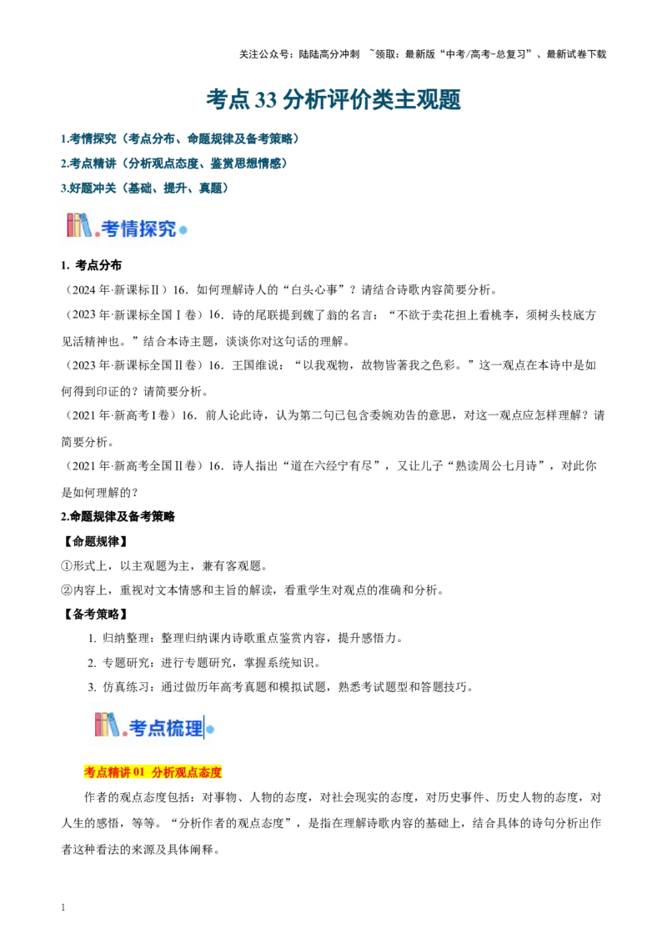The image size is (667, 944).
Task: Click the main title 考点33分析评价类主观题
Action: (333, 99)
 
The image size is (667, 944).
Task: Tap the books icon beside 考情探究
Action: (79, 225)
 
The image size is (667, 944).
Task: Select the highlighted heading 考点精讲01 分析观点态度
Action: (153, 772)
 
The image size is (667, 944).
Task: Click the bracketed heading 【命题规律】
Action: (95, 541)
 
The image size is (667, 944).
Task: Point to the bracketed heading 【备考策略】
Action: (95, 614)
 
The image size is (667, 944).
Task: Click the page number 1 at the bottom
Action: (63, 907)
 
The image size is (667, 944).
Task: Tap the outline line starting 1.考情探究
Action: (180, 138)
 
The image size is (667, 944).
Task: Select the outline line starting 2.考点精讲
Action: (174, 163)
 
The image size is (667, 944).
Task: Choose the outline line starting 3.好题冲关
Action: (145, 188)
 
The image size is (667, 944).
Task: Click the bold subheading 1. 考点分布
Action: (92, 265)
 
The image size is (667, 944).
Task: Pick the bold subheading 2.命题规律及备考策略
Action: (118, 516)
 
